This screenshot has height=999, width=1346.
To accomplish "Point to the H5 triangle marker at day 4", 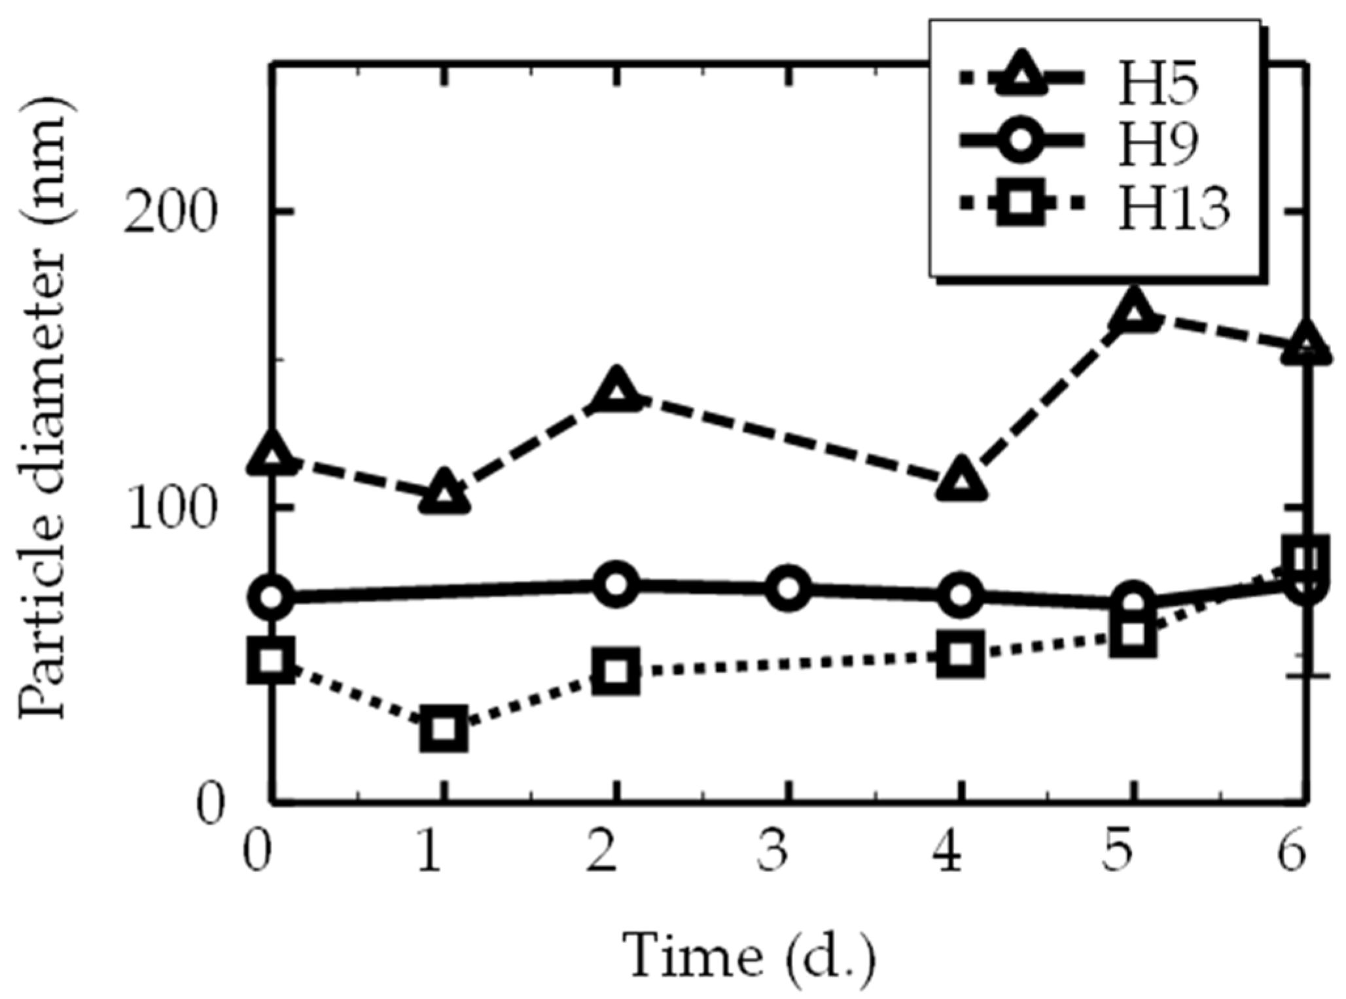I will pyautogui.click(x=961, y=482).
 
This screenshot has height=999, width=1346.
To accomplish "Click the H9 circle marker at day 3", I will pyautogui.click(x=788, y=588).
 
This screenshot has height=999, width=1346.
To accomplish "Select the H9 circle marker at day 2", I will pyautogui.click(x=616, y=584).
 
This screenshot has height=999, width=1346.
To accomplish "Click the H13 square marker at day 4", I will pyautogui.click(x=961, y=654).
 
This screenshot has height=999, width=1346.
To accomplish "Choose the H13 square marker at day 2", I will pyautogui.click(x=616, y=671).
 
